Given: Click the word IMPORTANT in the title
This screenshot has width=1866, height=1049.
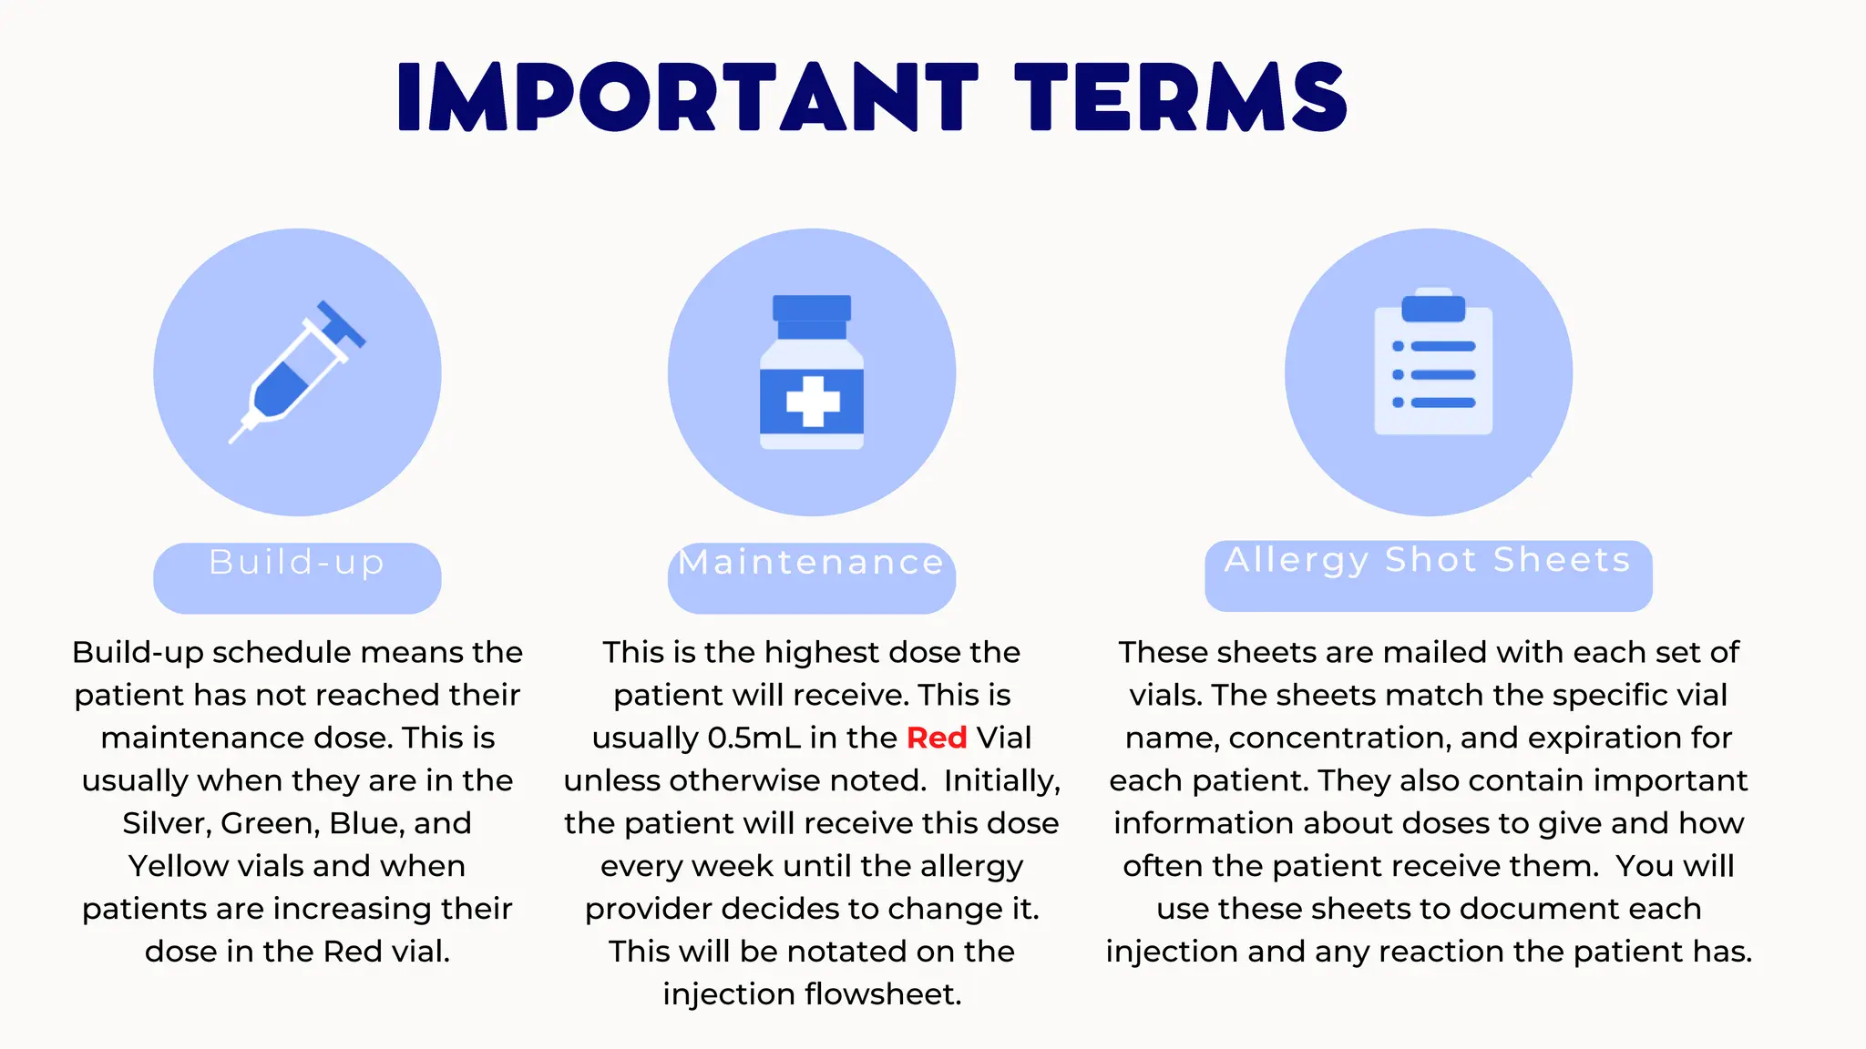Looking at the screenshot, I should click(688, 97).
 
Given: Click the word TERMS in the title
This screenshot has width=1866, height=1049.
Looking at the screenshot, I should click(1181, 97).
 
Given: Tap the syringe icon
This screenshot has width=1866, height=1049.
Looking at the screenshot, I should click(297, 372).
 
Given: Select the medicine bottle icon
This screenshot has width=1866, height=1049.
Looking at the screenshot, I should click(812, 372).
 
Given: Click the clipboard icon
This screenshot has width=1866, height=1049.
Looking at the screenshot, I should click(1433, 364).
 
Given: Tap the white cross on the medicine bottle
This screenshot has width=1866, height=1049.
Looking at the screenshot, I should click(813, 402).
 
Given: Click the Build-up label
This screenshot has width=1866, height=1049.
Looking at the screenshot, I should click(297, 564).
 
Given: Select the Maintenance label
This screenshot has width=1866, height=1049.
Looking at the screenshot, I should click(811, 564).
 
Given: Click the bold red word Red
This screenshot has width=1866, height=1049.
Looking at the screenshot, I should click(937, 738).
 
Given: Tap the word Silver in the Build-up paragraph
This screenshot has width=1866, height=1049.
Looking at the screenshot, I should click(165, 823).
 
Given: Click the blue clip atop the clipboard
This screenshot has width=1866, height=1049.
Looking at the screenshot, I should click(1433, 308).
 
